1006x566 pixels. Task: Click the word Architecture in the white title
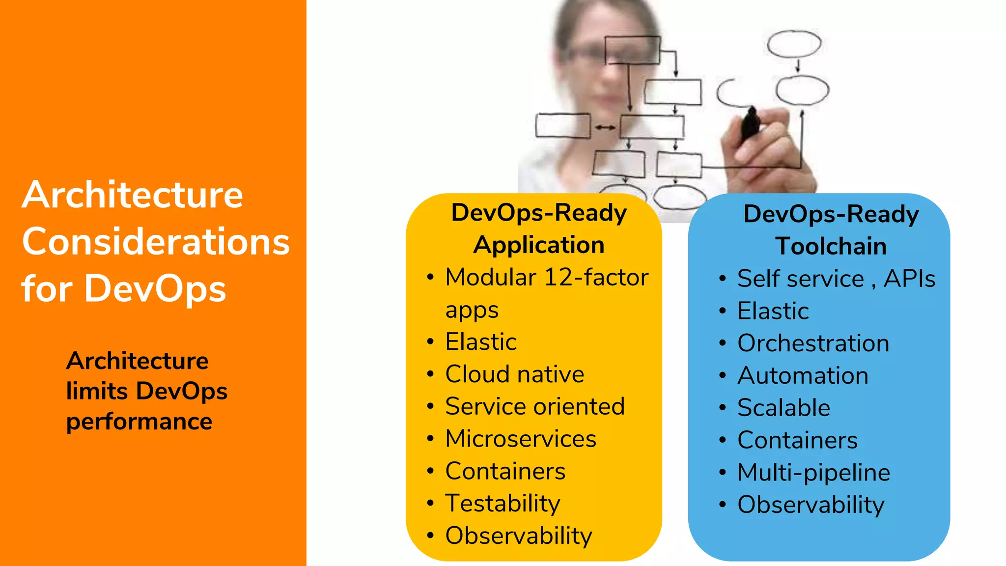point(132,195)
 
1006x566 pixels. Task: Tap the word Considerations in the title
point(156,242)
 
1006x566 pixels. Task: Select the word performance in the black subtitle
point(139,422)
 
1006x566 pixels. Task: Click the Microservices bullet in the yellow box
point(520,439)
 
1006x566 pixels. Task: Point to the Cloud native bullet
point(514,374)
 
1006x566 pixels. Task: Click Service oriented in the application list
point(534,406)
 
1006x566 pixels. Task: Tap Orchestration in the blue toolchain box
point(813,343)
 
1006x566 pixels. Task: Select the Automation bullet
point(803,376)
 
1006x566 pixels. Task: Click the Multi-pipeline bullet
point(813,473)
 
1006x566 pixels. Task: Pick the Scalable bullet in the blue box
point(783,408)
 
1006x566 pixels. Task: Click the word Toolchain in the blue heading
point(831,246)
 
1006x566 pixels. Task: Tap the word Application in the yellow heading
point(539,245)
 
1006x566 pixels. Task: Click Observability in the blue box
point(810,505)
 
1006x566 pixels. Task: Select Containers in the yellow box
point(505,471)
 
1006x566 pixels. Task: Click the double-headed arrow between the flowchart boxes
point(605,128)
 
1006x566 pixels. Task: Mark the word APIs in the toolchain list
point(909,279)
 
